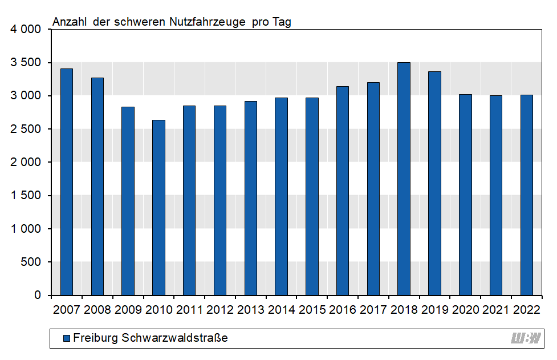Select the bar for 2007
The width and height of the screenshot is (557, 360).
(67, 182)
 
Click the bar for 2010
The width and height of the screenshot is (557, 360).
(158, 208)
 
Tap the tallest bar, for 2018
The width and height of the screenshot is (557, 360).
(404, 179)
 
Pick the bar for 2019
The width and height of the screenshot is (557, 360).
(434, 183)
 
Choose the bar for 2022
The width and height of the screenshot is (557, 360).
(526, 195)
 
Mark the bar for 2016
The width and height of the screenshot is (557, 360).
(343, 191)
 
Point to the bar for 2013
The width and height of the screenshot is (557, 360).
(251, 198)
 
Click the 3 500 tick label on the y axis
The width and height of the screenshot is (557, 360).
(26, 62)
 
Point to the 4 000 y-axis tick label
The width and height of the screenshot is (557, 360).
(26, 29)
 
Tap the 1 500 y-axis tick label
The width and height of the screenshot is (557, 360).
(26, 196)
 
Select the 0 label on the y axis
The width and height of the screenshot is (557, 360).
(38, 296)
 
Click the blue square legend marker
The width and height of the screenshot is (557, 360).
(66, 338)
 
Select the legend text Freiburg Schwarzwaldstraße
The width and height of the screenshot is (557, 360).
(151, 338)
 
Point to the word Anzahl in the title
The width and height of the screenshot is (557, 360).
(70, 22)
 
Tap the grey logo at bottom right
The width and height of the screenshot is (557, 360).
(525, 338)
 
